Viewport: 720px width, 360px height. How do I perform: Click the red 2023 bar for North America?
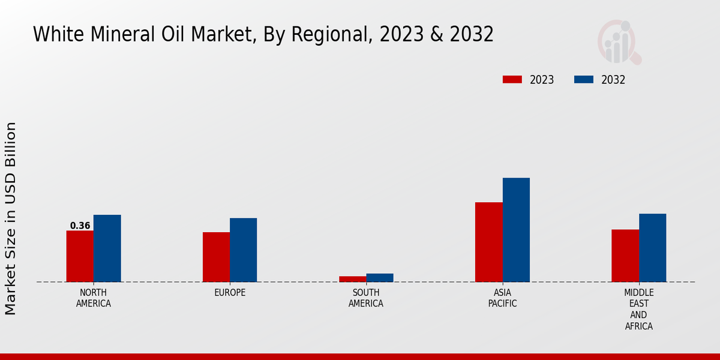click(80, 256)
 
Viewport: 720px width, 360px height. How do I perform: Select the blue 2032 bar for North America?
click(107, 248)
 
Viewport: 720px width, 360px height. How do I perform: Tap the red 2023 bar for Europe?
click(216, 257)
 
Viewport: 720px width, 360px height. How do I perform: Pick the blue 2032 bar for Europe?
click(244, 250)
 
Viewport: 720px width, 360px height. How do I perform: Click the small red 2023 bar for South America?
click(352, 279)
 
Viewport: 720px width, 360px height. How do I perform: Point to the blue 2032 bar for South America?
click(380, 278)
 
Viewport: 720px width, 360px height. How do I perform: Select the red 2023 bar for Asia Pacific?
click(489, 242)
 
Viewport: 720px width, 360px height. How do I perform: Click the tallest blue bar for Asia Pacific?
click(516, 230)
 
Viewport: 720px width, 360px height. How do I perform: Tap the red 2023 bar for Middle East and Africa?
click(625, 256)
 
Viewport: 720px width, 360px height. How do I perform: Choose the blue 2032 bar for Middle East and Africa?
click(653, 248)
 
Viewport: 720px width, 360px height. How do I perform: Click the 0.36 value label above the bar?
click(80, 226)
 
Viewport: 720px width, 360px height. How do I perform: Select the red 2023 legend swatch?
click(512, 80)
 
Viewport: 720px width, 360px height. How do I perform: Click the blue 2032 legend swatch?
click(584, 80)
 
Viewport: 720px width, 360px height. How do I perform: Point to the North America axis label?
click(94, 298)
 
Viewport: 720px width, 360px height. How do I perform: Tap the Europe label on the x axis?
click(230, 293)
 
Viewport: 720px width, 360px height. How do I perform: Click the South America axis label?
click(366, 298)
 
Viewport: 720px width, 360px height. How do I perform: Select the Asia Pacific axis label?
click(503, 298)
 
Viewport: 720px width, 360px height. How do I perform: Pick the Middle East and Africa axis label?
click(639, 310)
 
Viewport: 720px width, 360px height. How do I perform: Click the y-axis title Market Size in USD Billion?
click(11, 218)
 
